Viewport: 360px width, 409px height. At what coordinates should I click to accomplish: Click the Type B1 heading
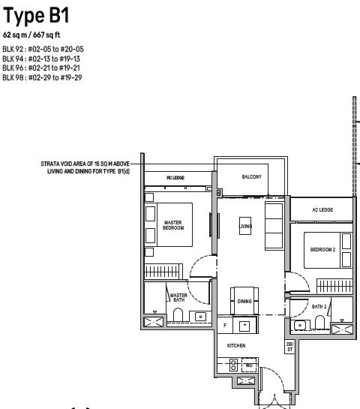point(36,16)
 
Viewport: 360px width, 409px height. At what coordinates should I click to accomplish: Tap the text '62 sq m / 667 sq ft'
point(31,35)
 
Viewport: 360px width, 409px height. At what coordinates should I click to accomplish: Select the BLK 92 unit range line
point(43,49)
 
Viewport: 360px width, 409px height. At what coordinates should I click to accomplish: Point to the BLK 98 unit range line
point(42,77)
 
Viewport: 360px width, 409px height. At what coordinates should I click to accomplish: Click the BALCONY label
point(251,176)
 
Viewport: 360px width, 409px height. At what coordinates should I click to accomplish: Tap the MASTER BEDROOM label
point(173,225)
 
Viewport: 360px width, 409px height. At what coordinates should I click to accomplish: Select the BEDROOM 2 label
point(322,250)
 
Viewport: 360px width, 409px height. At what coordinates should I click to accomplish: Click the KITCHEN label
point(236,346)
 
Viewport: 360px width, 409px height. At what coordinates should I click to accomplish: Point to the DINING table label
point(244,301)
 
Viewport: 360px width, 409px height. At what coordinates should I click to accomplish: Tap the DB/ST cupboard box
point(290,347)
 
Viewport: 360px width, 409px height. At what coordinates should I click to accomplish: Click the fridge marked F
point(225,325)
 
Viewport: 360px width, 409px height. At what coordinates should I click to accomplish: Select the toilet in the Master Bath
point(178,315)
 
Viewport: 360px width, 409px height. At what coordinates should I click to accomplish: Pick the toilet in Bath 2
point(319,323)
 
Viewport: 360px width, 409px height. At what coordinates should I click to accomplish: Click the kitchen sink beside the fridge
point(244,325)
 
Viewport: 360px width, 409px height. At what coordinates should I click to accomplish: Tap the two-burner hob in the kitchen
point(233,365)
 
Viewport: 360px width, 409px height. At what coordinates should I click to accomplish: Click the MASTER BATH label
point(178,298)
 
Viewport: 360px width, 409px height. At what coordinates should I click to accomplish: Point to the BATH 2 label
point(319,306)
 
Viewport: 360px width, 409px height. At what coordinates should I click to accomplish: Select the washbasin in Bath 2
point(300,325)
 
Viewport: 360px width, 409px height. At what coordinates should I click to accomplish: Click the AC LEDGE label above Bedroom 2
point(322,209)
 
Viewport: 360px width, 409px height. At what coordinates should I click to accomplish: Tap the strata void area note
point(85,167)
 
